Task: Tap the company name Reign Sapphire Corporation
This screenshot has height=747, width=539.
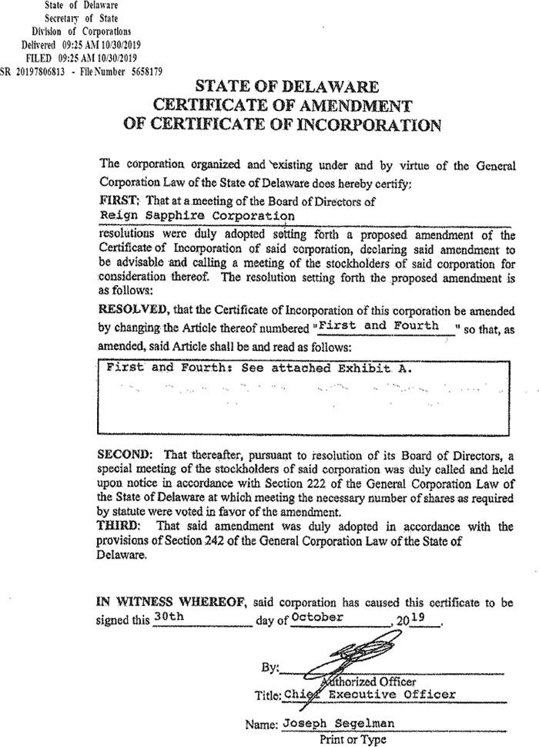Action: pos(198,216)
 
